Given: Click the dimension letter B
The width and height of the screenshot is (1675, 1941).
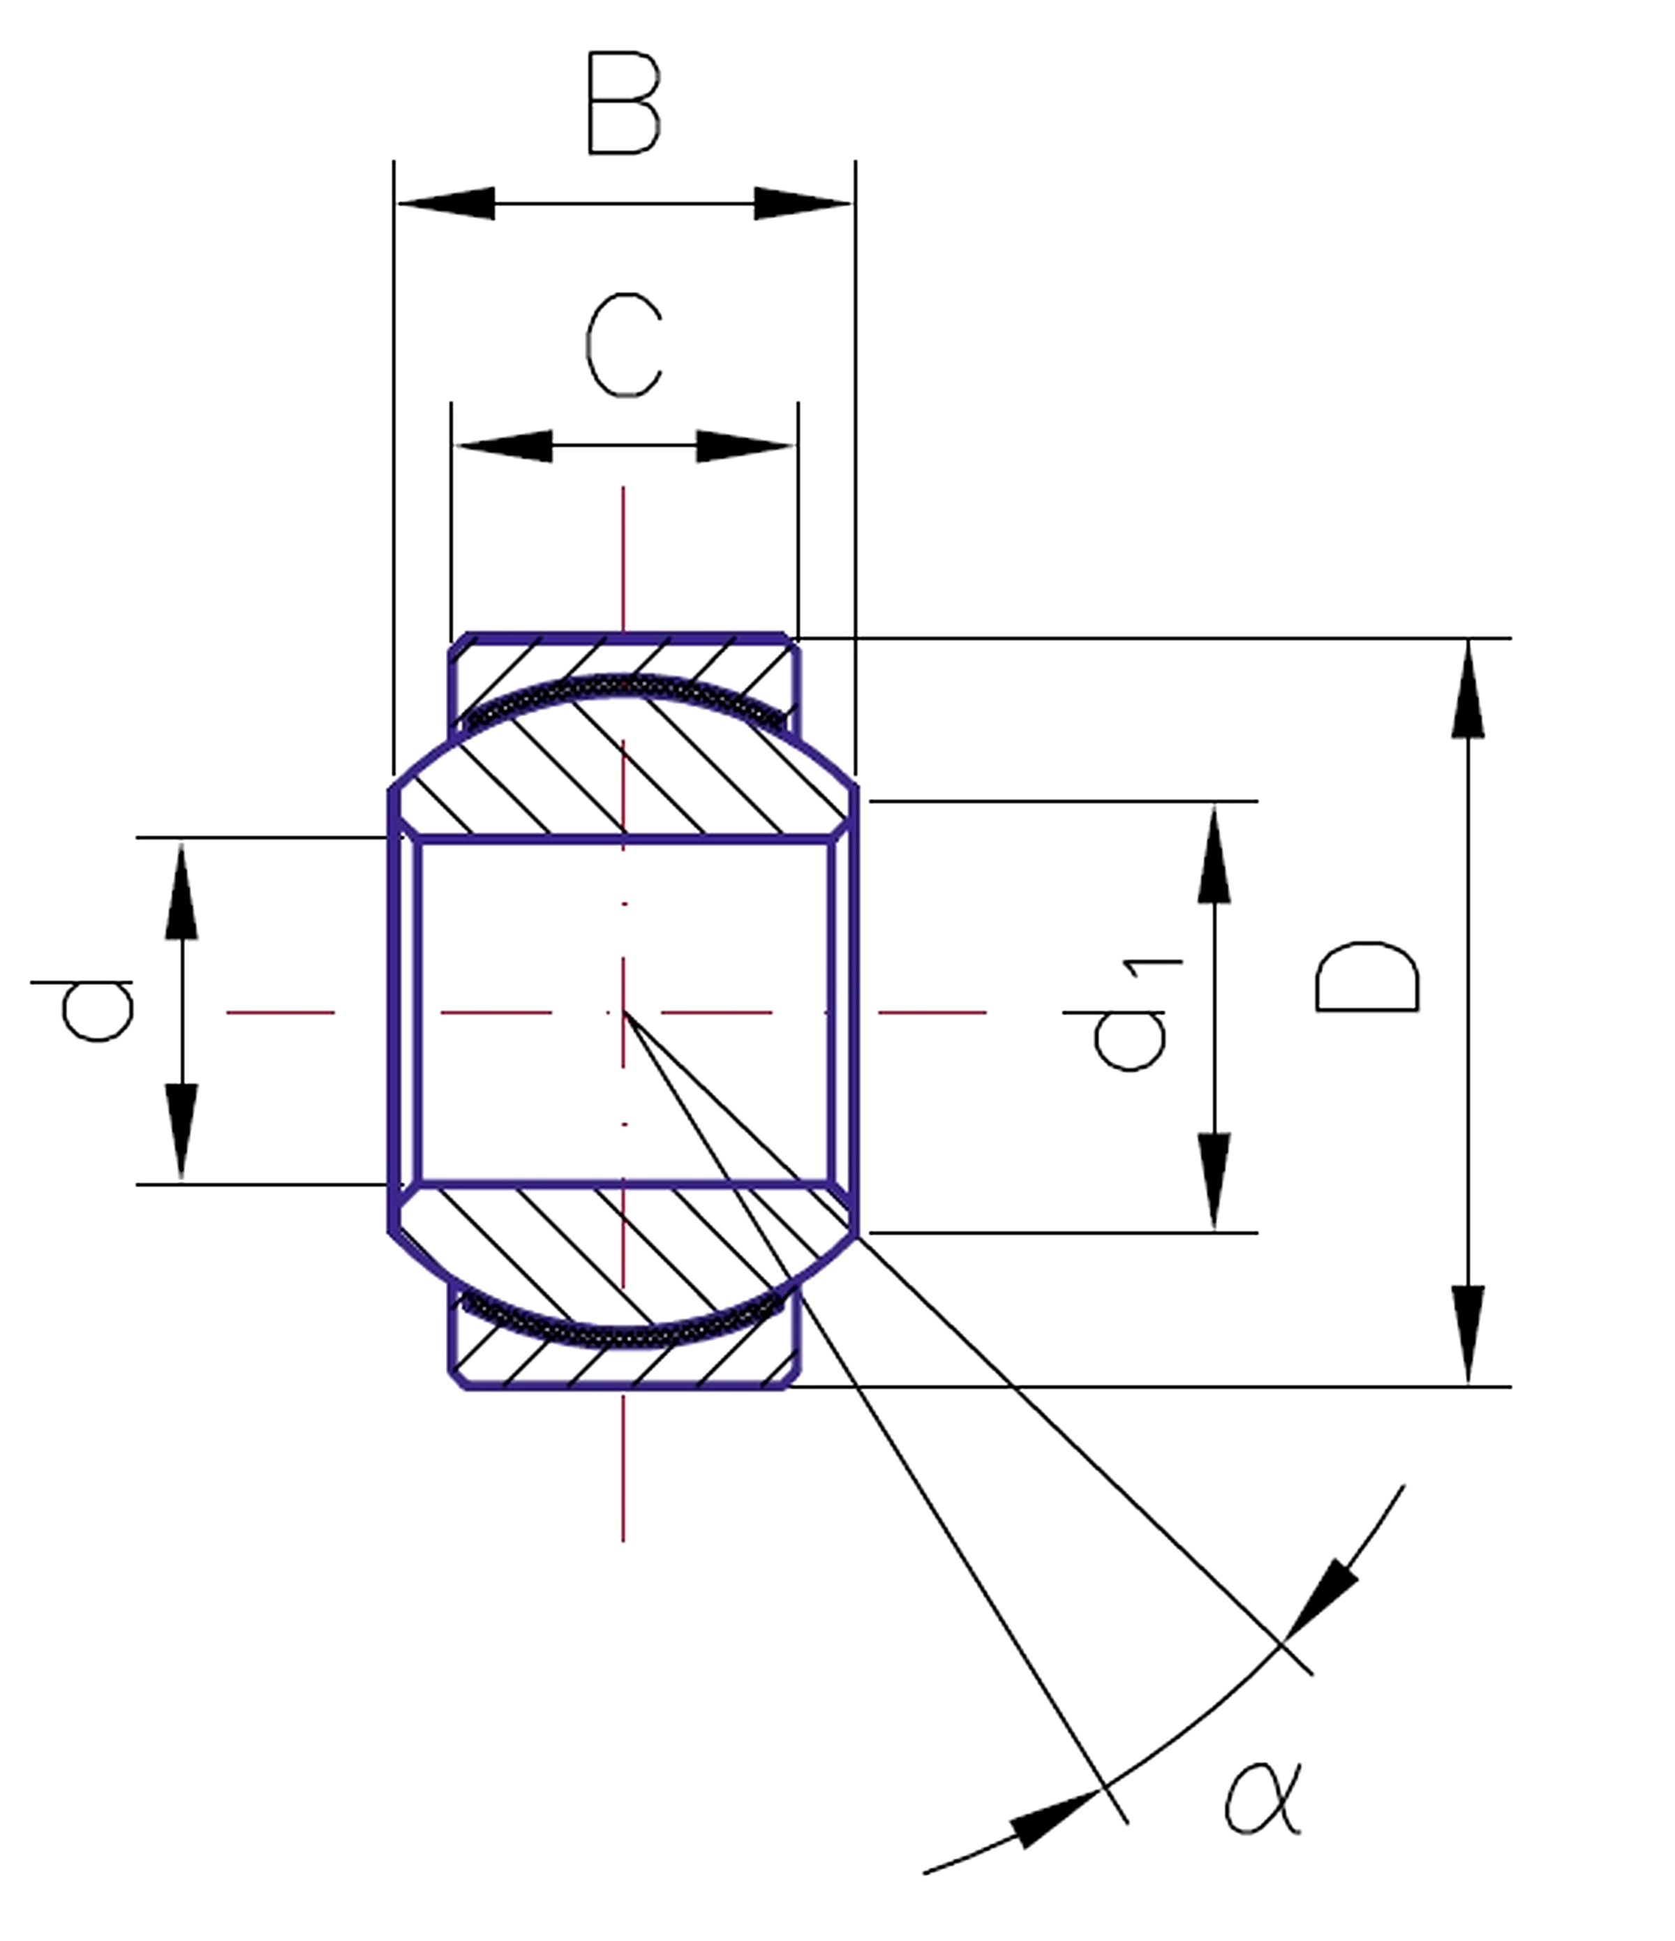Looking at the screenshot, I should (624, 104).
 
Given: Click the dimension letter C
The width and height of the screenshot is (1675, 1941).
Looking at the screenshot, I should (624, 345).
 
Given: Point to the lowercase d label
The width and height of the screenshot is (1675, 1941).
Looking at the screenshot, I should (96, 1010).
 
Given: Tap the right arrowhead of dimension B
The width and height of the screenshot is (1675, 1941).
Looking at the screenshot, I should (802, 203).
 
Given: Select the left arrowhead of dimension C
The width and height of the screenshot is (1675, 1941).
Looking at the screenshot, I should (504, 446).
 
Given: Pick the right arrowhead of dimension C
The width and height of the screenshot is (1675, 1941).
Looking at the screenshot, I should (744, 446).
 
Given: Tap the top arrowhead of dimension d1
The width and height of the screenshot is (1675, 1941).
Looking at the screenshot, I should (1214, 854).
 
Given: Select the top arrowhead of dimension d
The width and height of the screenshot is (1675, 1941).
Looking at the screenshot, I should (181, 890).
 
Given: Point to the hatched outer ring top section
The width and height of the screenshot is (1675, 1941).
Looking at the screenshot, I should (624, 656).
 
